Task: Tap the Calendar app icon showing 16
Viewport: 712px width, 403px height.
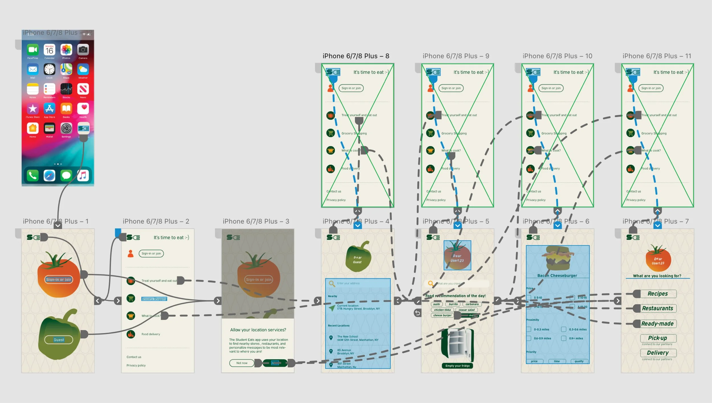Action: tap(49, 50)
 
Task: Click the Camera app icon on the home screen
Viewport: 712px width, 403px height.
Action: tap(83, 50)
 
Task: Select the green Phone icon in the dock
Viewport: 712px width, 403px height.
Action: tap(32, 175)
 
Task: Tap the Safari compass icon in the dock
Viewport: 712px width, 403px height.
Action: tap(49, 175)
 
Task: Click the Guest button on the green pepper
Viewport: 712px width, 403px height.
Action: tap(59, 340)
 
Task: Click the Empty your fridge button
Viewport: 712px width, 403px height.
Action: tap(457, 366)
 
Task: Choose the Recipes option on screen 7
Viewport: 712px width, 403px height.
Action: tap(658, 294)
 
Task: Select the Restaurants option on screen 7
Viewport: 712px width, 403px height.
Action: tap(658, 308)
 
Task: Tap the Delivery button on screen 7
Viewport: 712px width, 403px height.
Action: tap(658, 353)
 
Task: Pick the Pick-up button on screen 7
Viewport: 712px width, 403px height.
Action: tap(658, 338)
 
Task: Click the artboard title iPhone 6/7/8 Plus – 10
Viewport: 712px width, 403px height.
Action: tap(557, 56)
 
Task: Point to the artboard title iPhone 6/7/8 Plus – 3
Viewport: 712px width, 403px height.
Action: tap(256, 221)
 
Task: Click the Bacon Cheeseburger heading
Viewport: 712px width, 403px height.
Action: tap(557, 276)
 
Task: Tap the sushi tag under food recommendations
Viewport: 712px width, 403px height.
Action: tap(437, 304)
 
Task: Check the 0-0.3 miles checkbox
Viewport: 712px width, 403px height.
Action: tap(529, 329)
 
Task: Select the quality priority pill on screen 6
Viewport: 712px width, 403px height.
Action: tap(579, 361)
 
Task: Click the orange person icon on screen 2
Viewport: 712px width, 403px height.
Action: tap(131, 253)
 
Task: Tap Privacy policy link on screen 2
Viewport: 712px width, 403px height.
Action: tap(136, 365)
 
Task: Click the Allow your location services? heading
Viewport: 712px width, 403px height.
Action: tap(258, 330)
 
